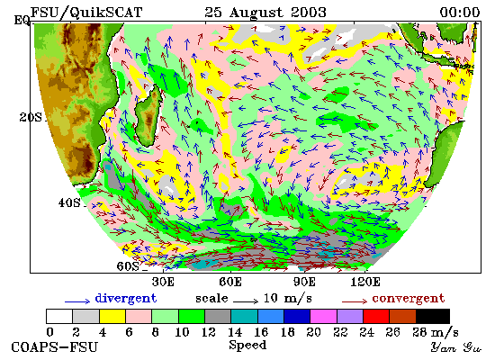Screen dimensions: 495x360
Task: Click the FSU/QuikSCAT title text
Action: point(86,13)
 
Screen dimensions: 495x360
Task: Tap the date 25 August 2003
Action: point(265,13)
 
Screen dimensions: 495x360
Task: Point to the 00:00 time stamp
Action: point(459,13)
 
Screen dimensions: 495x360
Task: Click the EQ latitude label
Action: point(22,21)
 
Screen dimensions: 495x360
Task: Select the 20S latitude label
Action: point(31,118)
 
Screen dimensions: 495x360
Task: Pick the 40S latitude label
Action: point(69,202)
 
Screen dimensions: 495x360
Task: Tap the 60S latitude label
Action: point(128,266)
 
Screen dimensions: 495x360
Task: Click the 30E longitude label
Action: point(163,282)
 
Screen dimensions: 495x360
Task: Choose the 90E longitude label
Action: point(304,282)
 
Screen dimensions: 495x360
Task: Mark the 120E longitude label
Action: point(365,282)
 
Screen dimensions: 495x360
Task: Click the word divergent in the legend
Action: point(126,299)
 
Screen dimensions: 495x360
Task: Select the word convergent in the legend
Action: point(409,299)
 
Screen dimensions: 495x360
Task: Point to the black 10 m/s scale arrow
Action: point(246,301)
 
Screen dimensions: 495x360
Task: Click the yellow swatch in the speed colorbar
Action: point(112,317)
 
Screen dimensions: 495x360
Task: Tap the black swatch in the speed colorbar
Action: point(433,317)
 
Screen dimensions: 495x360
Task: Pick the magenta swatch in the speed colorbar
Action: point(323,317)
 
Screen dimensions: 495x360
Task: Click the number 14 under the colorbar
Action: point(235,332)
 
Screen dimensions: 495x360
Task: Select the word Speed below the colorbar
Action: point(247,346)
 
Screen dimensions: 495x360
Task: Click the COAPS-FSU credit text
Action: point(54,347)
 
